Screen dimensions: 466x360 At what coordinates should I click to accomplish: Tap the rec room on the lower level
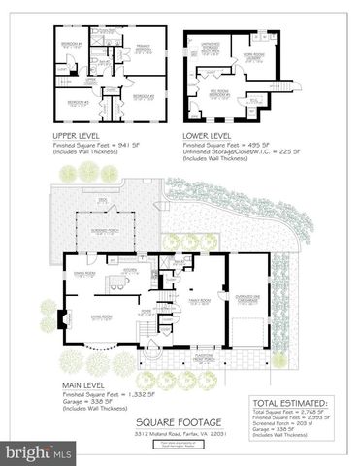pyautogui.click(x=213, y=96)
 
